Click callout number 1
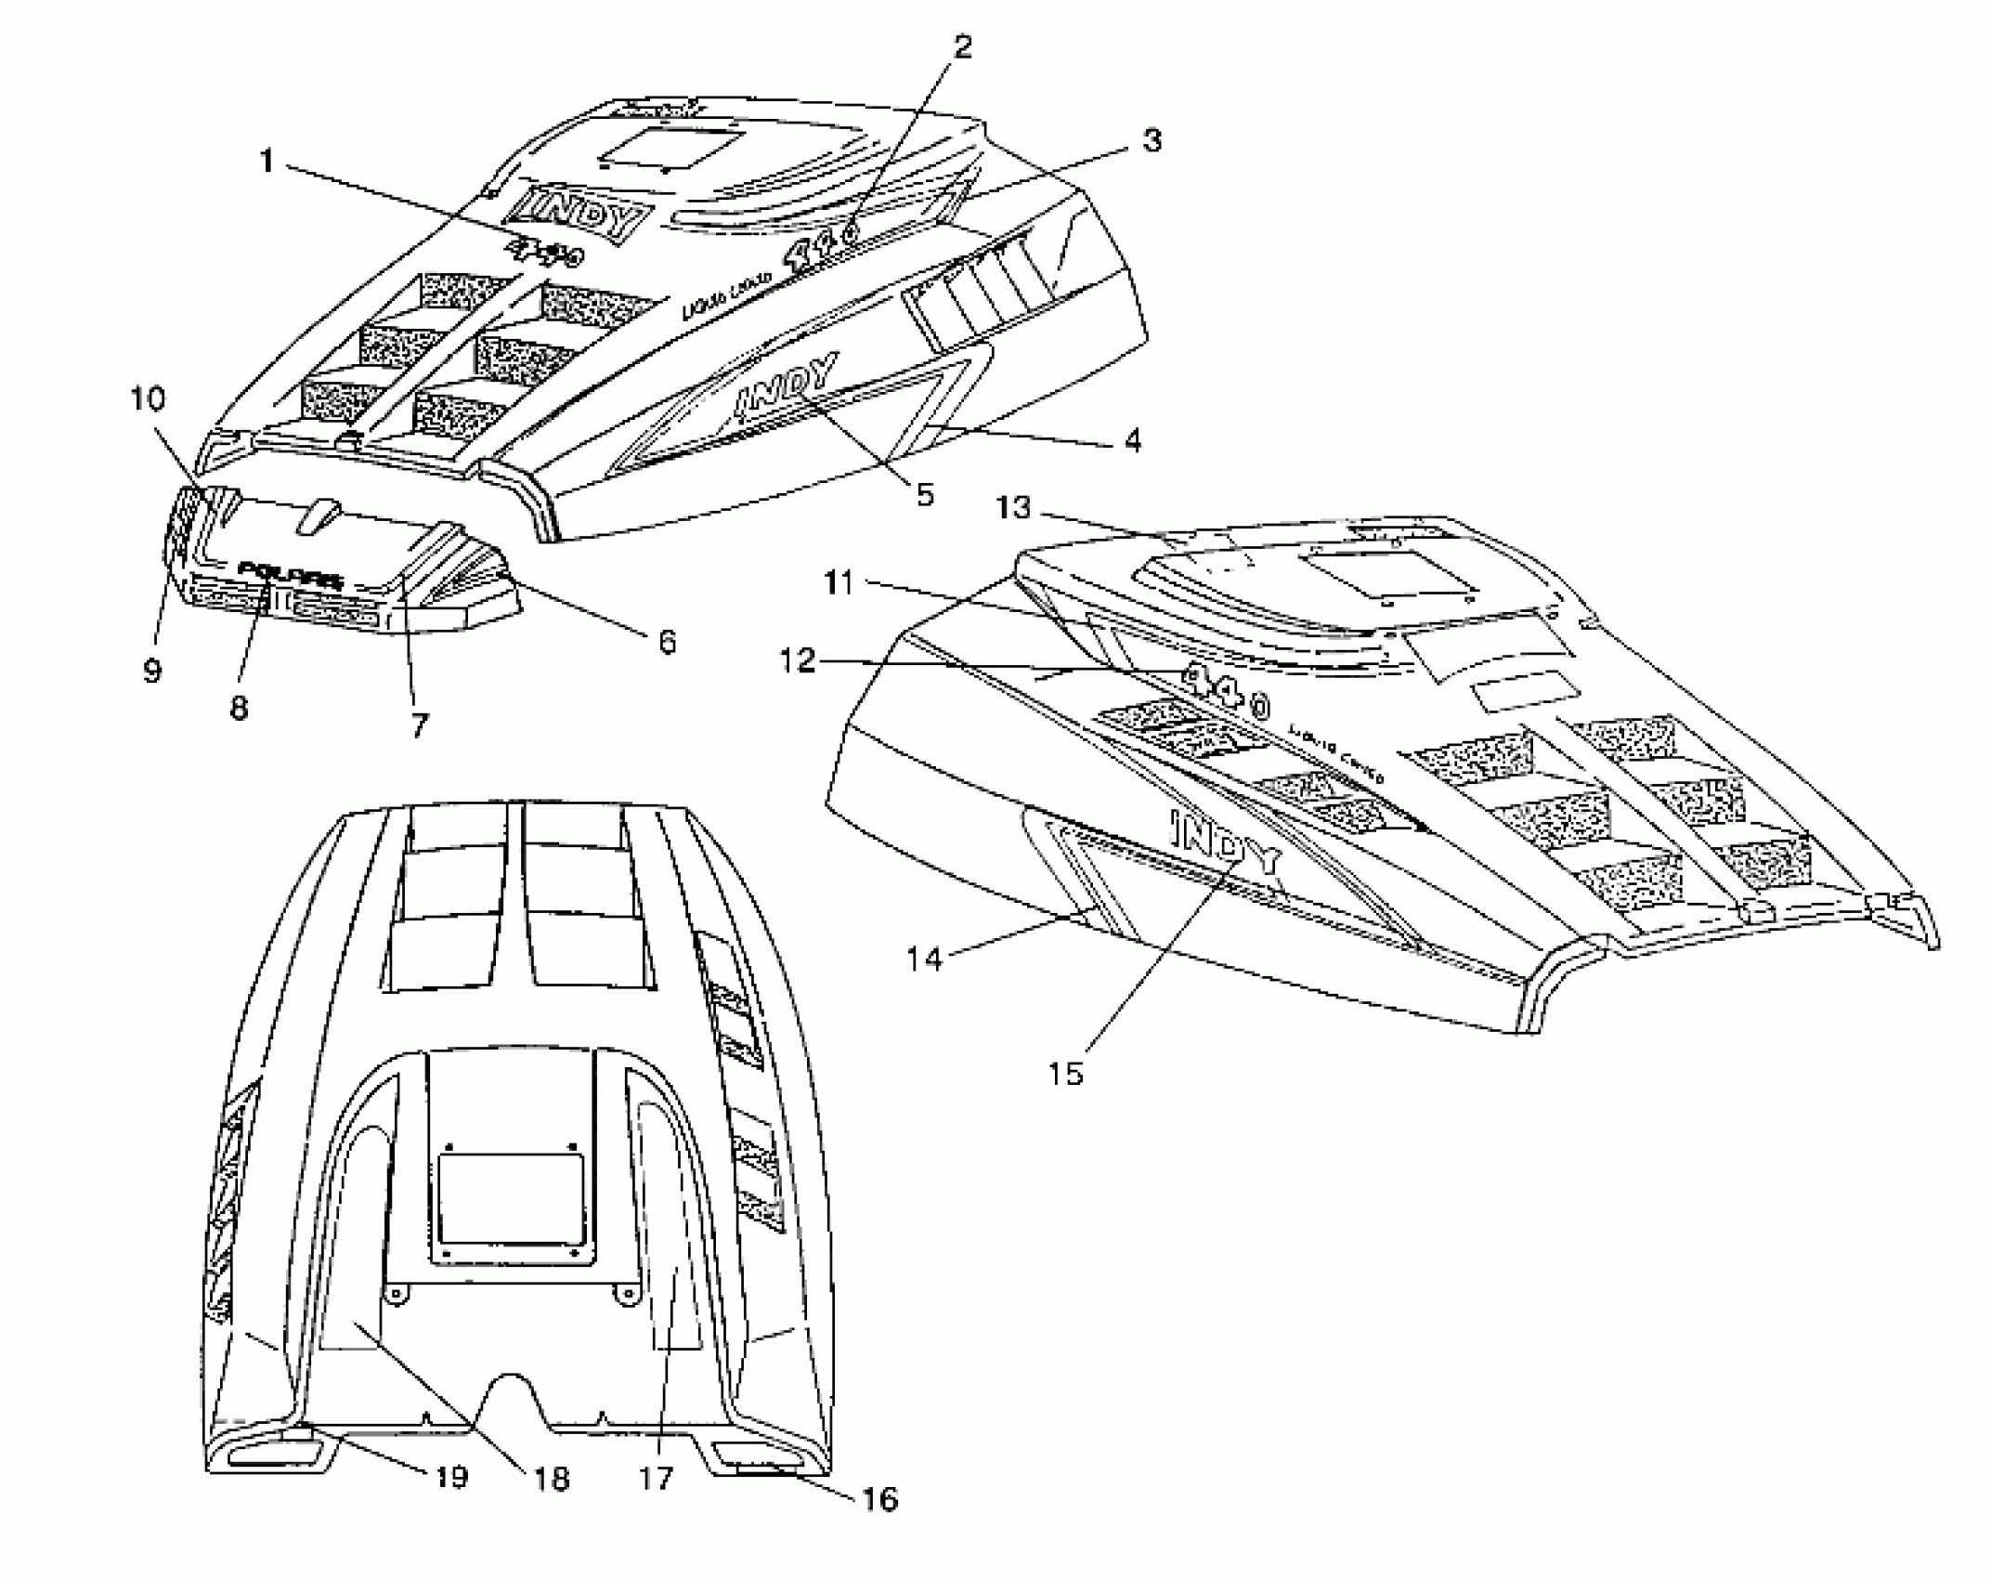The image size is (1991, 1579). point(267,163)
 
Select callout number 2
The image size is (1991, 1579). point(963,46)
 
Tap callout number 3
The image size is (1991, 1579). point(1151,141)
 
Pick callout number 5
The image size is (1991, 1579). point(925,494)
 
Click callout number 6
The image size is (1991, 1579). point(667,642)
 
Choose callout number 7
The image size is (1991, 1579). point(419,725)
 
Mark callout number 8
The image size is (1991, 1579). point(239,708)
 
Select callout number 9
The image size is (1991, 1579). point(152,670)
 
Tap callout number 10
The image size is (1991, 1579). point(148,399)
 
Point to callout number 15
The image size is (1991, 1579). point(1066,1074)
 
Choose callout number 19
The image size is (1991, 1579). point(451,1477)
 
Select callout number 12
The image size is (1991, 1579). point(798,661)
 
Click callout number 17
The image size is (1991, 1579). point(656,1477)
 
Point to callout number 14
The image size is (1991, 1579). point(925,959)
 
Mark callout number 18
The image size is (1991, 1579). point(553,1479)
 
